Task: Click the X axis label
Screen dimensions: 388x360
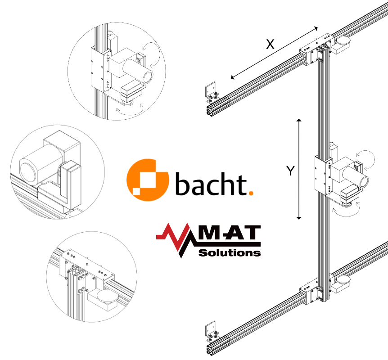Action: click(270, 45)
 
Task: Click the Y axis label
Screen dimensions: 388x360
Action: click(290, 171)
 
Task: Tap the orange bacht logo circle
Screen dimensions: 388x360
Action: click(148, 180)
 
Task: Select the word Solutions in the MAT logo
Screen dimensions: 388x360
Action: click(230, 253)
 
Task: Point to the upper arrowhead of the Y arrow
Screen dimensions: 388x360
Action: click(299, 120)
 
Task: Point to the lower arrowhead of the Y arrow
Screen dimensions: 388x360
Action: click(299, 218)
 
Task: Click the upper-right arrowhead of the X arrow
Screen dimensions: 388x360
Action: click(316, 28)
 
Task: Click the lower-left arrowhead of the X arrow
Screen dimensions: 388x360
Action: click(232, 77)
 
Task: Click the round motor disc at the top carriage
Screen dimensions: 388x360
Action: click(343, 40)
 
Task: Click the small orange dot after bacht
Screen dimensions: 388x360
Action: click(251, 193)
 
